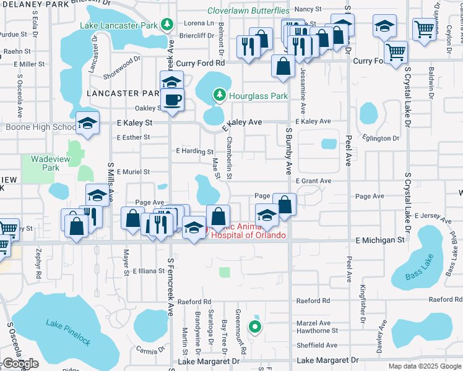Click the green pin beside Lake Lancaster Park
click(x=167, y=25)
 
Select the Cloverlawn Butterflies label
click(x=248, y=11)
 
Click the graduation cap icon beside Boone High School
click(x=87, y=123)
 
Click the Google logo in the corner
click(x=20, y=364)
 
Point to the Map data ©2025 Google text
click(x=425, y=366)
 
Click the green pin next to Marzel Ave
click(x=254, y=327)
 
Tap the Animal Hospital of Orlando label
click(x=248, y=231)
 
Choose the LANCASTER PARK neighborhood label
click(x=124, y=93)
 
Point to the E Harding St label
click(x=194, y=151)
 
